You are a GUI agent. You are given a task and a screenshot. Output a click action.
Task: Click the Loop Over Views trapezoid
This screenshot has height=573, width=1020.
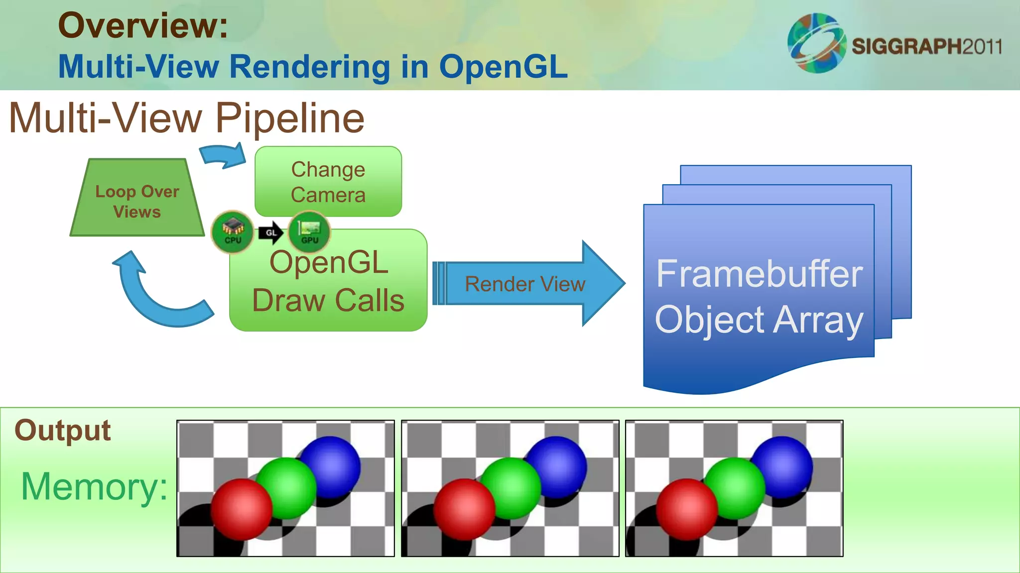click(137, 199)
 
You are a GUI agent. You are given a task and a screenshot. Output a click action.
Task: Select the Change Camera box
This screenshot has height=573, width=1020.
click(328, 182)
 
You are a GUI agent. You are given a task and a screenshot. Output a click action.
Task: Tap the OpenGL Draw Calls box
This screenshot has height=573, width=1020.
click(328, 289)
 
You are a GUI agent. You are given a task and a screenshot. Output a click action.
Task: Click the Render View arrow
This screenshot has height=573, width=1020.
click(525, 284)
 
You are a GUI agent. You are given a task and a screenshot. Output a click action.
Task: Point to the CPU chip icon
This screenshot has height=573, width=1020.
click(232, 232)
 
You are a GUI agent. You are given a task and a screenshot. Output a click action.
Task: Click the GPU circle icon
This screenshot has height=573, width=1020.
click(309, 232)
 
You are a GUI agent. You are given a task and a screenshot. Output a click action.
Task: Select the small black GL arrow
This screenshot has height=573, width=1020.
click(271, 233)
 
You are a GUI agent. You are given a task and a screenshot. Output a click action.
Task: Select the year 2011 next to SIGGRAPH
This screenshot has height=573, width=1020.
click(982, 47)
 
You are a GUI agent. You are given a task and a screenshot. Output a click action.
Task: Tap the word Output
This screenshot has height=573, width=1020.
click(62, 430)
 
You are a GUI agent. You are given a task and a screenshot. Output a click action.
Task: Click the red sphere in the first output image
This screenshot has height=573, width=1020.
click(241, 509)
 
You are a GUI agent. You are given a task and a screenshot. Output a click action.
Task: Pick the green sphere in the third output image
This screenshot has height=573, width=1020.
click(735, 488)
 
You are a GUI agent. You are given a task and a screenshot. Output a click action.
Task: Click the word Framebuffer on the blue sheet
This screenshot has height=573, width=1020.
click(759, 274)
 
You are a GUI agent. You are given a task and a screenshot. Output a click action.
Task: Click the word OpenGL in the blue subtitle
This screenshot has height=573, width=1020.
click(503, 67)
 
